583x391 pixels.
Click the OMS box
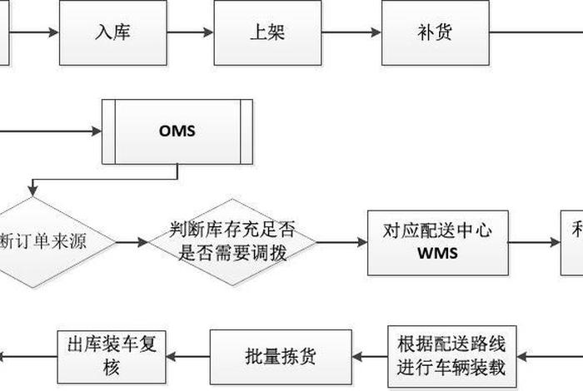pos(177,131)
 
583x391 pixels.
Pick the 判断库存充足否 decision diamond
pos(233,241)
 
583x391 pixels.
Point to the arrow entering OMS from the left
pos(50,131)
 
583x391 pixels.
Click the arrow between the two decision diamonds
pos(132,242)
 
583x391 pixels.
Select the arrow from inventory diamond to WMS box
pos(342,242)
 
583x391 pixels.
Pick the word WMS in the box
pos(437,254)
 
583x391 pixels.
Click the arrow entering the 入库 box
pos(33,33)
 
